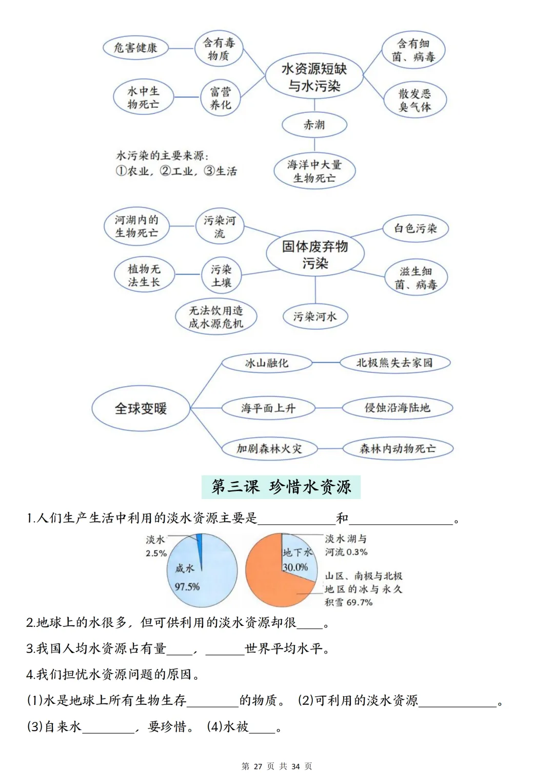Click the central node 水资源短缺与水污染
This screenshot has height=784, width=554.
(314, 77)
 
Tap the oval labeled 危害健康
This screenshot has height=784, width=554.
(135, 48)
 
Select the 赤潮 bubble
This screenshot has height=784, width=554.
(314, 125)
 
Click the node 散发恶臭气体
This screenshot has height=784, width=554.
(415, 100)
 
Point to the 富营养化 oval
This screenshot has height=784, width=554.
(221, 98)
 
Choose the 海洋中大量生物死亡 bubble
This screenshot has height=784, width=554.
(314, 171)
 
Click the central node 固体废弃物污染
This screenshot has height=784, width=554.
(315, 255)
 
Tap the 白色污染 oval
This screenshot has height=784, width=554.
(415, 228)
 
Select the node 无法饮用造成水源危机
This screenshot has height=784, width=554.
(215, 317)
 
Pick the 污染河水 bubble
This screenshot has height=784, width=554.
(314, 317)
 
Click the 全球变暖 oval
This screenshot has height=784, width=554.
(141, 409)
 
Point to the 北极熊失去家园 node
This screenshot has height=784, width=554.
(394, 363)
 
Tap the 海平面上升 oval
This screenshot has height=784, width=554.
(268, 408)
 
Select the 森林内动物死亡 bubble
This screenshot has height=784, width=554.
(398, 448)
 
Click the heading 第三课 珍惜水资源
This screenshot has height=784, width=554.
(281, 487)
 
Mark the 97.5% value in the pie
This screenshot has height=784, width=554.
(187, 587)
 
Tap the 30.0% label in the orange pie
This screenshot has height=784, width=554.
(295, 567)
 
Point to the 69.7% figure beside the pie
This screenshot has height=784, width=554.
(359, 602)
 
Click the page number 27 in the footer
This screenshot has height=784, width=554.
(258, 766)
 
